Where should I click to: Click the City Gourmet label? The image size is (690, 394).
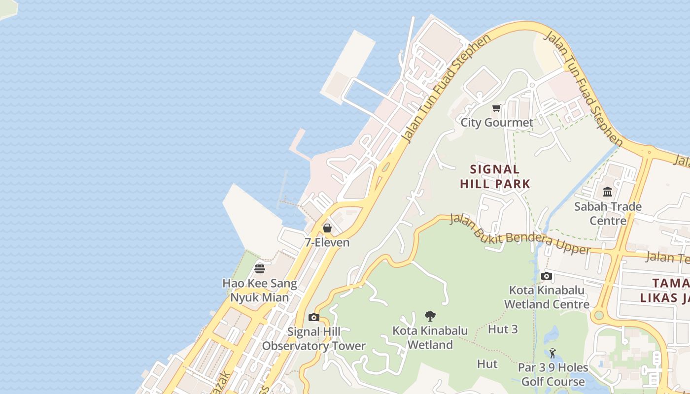click(x=497, y=123)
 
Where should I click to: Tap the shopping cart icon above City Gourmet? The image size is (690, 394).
click(x=497, y=108)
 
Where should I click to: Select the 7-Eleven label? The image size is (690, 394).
click(x=327, y=242)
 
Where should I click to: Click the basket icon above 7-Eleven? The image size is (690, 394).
click(x=327, y=228)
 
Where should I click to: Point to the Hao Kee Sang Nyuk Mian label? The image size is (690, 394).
click(x=260, y=291)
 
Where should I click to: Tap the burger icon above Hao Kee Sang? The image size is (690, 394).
click(x=260, y=268)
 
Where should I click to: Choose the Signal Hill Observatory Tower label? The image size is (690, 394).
click(x=313, y=339)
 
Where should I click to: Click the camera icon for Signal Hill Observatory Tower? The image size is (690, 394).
click(x=313, y=317)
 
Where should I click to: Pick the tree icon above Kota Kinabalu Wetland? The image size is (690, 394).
click(x=430, y=316)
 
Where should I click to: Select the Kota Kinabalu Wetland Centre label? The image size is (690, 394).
click(x=547, y=297)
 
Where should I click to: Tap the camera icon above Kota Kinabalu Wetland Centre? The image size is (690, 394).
click(x=547, y=276)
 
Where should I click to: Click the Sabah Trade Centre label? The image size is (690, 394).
click(x=608, y=213)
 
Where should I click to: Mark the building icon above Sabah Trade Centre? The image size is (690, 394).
click(x=608, y=192)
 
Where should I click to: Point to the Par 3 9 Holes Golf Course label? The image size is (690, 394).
click(x=553, y=374)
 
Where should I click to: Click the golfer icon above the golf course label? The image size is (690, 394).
click(x=552, y=353)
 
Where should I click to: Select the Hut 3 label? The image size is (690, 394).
click(x=503, y=329)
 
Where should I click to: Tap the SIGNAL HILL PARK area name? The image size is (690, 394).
click(x=495, y=177)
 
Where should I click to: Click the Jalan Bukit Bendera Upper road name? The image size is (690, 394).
click(x=519, y=234)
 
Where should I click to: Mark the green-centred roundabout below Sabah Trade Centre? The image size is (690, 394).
click(x=599, y=315)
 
